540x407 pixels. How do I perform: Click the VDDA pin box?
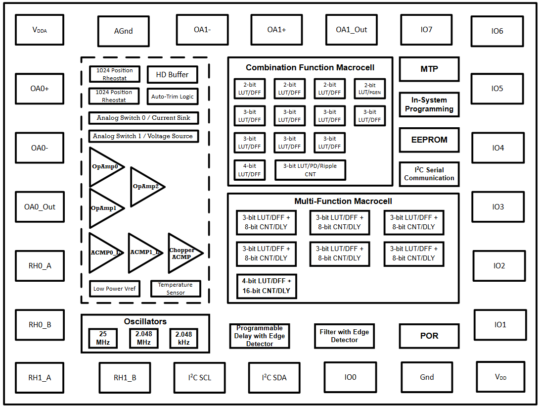click(40, 30)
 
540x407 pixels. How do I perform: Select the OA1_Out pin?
click(352, 30)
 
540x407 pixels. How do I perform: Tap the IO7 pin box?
click(426, 30)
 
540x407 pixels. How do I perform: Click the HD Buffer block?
click(173, 74)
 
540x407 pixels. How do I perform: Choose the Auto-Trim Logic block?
click(173, 97)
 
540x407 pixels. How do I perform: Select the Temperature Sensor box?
click(176, 289)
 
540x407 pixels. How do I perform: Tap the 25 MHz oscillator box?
click(103, 338)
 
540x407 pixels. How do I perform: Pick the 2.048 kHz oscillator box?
click(183, 338)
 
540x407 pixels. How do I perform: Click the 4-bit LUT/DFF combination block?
click(250, 170)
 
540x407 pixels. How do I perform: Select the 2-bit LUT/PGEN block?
click(369, 89)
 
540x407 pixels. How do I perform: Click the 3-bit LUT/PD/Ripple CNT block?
click(310, 170)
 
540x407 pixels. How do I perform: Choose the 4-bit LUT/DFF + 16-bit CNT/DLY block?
click(266, 286)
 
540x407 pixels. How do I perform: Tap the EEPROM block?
click(429, 140)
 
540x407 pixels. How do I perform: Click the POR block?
click(429, 336)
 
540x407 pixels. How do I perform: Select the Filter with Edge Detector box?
click(344, 336)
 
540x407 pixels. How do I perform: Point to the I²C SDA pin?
click(274, 377)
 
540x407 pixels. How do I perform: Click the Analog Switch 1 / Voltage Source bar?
click(143, 136)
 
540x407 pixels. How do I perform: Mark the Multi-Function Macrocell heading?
click(343, 201)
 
